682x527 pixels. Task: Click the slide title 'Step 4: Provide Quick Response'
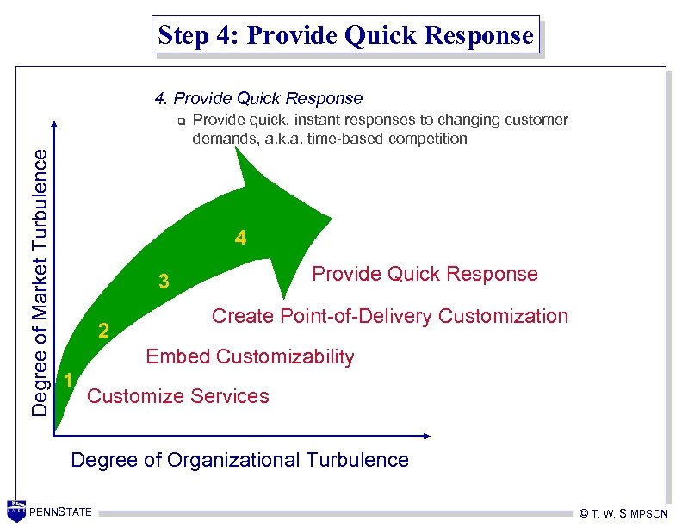pyautogui.click(x=345, y=35)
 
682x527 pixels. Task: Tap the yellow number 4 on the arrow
pyautogui.click(x=241, y=239)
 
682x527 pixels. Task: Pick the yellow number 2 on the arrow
pyautogui.click(x=103, y=331)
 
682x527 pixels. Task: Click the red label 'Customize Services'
pyautogui.click(x=178, y=396)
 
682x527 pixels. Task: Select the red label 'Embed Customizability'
pyautogui.click(x=250, y=356)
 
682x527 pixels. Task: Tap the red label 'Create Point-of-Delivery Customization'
pyautogui.click(x=389, y=316)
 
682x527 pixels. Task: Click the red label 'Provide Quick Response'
pyautogui.click(x=425, y=274)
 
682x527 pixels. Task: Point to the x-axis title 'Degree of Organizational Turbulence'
pyautogui.click(x=239, y=460)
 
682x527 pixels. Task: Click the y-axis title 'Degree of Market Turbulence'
pyautogui.click(x=40, y=281)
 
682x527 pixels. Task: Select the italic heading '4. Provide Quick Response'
pyautogui.click(x=258, y=98)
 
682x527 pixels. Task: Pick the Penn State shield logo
pyautogui.click(x=15, y=511)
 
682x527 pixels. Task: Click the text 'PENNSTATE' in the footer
pyautogui.click(x=60, y=513)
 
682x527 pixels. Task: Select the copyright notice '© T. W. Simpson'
pyautogui.click(x=623, y=514)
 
